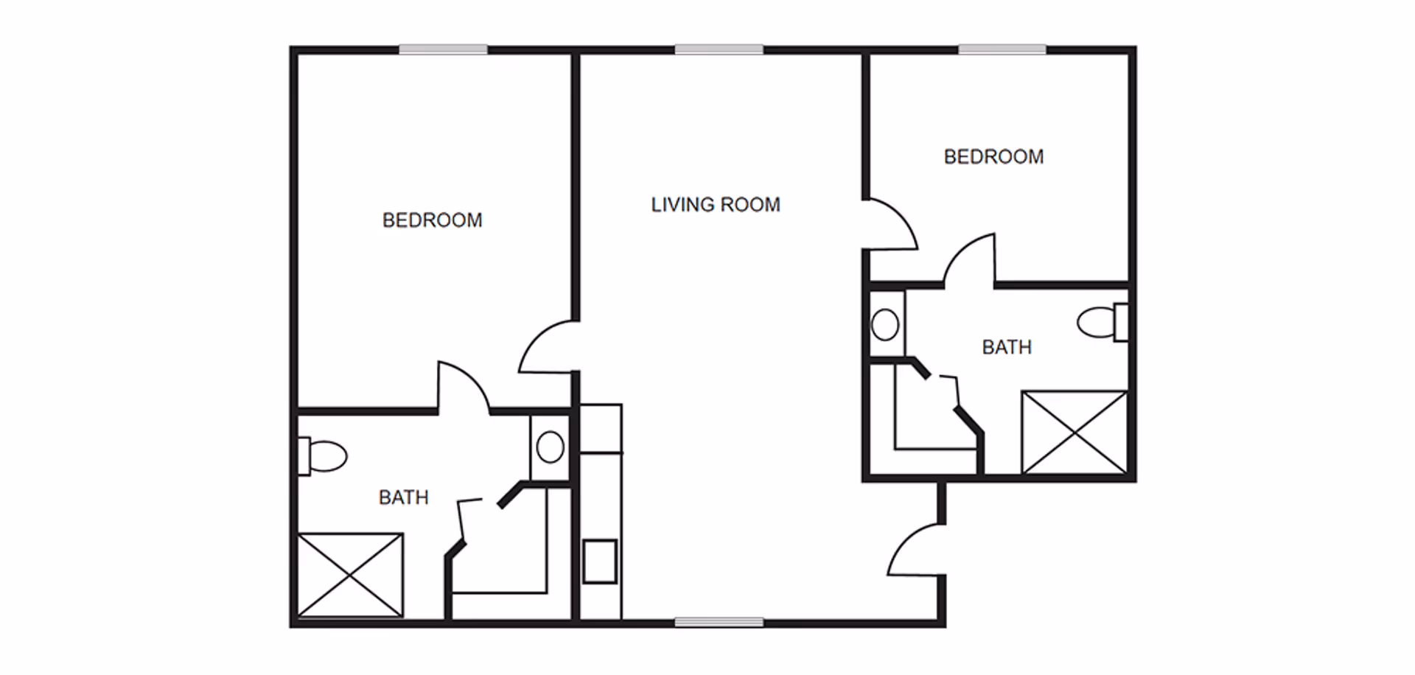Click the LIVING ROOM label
point(715,205)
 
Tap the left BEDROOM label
point(432,220)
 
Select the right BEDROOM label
point(993,157)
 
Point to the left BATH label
point(403,498)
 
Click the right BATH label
point(1007,347)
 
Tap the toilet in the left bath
point(322,456)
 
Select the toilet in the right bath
point(1103,322)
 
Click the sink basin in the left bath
point(550,447)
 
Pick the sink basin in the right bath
point(885,324)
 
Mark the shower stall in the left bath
point(350,575)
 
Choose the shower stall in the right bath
point(1075,433)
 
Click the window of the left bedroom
point(443,49)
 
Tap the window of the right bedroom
point(1002,49)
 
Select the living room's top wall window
point(719,49)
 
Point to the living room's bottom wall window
point(719,623)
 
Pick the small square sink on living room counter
point(600,562)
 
